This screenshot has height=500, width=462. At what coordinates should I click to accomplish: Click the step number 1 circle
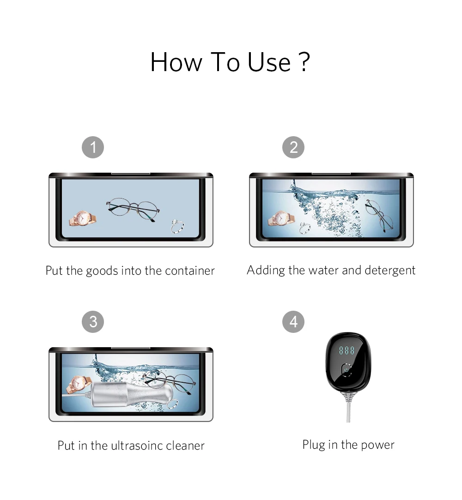pos(93,147)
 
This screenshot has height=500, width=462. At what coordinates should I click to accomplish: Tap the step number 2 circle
pos(293,147)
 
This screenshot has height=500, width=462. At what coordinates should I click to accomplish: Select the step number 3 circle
pos(93,322)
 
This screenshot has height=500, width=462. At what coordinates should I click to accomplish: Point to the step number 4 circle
pos(293,322)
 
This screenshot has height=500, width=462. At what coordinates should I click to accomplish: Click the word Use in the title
pos(269,62)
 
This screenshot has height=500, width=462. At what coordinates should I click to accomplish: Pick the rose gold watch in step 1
pos(83,218)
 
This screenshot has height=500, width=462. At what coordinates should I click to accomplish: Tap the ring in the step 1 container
pos(177,226)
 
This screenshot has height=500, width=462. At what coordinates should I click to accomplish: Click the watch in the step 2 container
pos(281,219)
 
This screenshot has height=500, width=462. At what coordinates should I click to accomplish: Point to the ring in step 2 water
pos(305,228)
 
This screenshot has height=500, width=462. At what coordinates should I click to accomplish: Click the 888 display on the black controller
pos(346,350)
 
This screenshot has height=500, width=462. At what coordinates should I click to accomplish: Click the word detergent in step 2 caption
pos(390,271)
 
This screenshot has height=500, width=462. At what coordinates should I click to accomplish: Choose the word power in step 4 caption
pos(377,445)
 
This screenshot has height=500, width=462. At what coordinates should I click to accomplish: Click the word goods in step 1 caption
pos(102,271)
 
